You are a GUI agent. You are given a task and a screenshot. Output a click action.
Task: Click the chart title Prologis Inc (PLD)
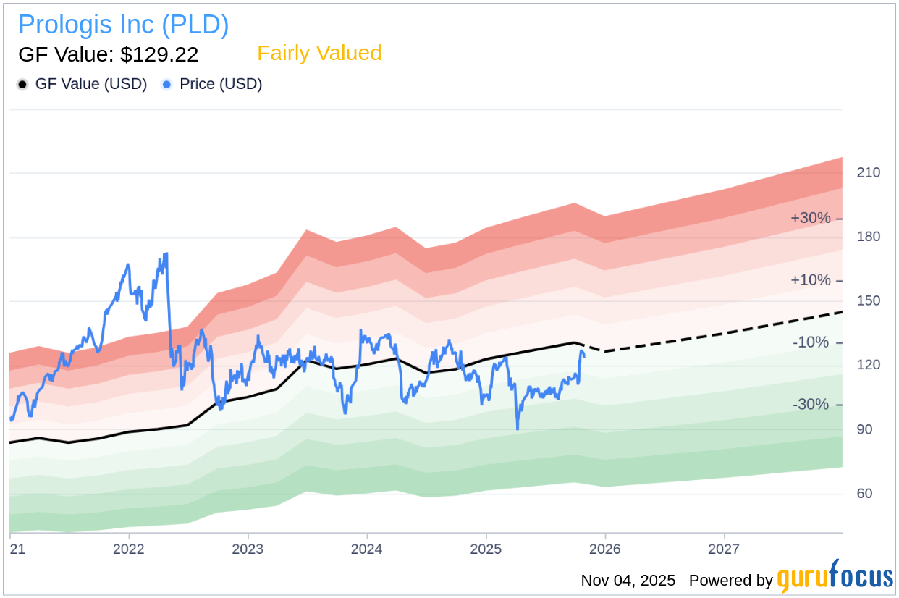click(x=123, y=25)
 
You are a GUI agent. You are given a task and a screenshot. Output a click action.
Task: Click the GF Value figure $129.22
click(x=108, y=54)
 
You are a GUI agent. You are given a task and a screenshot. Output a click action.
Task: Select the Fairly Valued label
click(x=319, y=54)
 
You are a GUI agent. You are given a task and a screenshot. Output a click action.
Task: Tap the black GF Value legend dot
click(x=22, y=85)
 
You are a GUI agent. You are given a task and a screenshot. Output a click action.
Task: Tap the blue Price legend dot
click(x=167, y=85)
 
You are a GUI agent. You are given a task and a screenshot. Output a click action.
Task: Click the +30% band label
click(x=811, y=218)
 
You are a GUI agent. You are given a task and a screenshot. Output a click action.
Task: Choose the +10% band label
click(x=811, y=280)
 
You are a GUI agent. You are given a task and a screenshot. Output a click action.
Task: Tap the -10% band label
click(x=811, y=342)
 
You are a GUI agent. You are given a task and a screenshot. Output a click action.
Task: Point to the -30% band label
click(x=811, y=404)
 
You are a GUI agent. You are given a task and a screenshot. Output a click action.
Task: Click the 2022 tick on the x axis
click(x=128, y=549)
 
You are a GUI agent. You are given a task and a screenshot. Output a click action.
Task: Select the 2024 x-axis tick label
click(x=366, y=549)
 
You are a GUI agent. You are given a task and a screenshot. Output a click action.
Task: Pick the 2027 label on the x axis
click(x=724, y=549)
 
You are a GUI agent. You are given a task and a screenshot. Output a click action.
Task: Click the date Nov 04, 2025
click(x=628, y=581)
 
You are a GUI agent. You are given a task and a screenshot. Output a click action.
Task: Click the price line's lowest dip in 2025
click(x=518, y=429)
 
